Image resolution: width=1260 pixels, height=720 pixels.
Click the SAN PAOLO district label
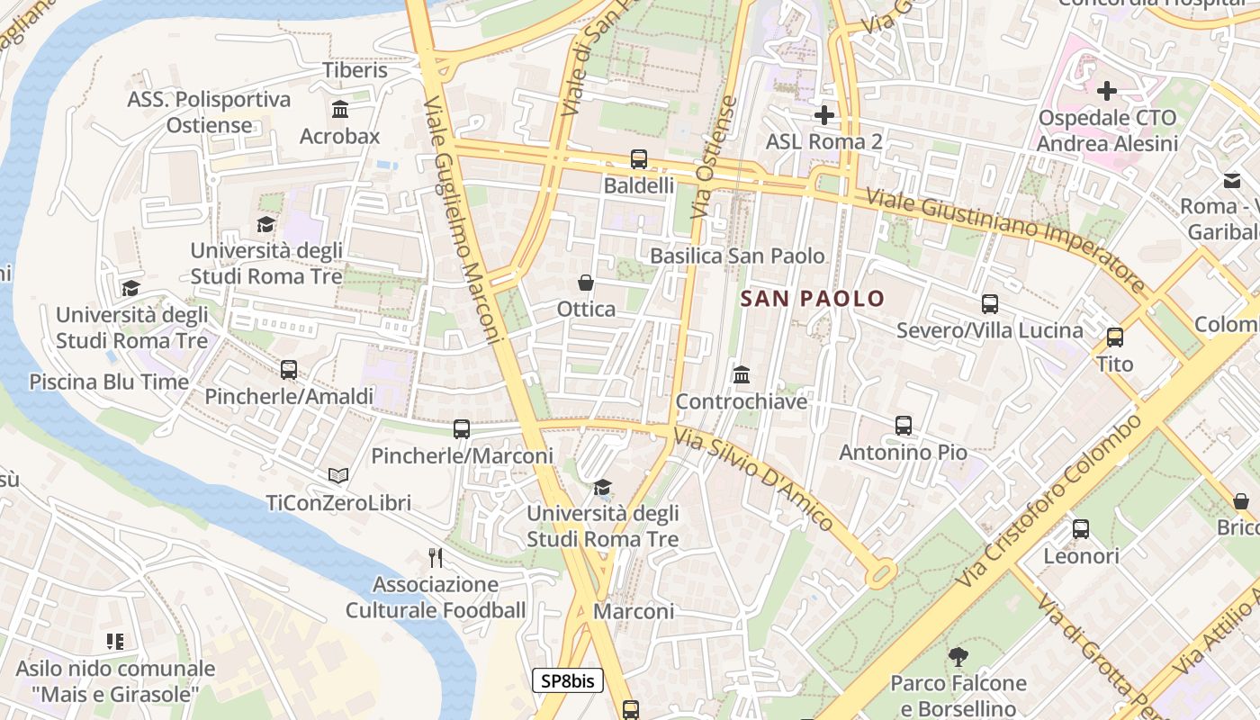pyautogui.click(x=813, y=298)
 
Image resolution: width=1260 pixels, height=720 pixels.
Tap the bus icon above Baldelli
pyautogui.click(x=639, y=159)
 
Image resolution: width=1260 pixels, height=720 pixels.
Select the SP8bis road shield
pyautogui.click(x=567, y=680)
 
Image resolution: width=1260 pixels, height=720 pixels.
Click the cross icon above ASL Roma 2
pyautogui.click(x=823, y=115)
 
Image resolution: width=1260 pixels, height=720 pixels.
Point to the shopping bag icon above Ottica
pyautogui.click(x=586, y=283)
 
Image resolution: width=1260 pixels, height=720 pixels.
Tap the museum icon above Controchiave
pyautogui.click(x=742, y=374)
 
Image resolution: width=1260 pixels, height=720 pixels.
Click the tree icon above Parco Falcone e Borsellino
pyautogui.click(x=958, y=657)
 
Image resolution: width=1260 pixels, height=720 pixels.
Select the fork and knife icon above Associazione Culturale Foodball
pyautogui.click(x=436, y=558)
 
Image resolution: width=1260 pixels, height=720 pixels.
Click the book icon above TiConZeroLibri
pyautogui.click(x=338, y=475)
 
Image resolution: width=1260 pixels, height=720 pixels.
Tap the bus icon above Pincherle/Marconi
pyautogui.click(x=462, y=429)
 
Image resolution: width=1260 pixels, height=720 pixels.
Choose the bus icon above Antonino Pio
pyautogui.click(x=903, y=426)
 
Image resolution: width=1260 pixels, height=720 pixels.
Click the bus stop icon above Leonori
pyautogui.click(x=1081, y=529)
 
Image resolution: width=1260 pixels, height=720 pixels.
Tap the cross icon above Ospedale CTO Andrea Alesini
pyautogui.click(x=1107, y=91)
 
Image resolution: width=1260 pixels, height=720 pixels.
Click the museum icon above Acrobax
pyautogui.click(x=340, y=110)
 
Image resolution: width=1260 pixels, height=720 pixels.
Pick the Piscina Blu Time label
pyautogui.click(x=109, y=382)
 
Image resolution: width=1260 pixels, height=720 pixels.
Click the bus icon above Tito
pyautogui.click(x=1115, y=337)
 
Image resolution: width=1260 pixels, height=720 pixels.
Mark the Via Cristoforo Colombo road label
pyautogui.click(x=1049, y=499)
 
